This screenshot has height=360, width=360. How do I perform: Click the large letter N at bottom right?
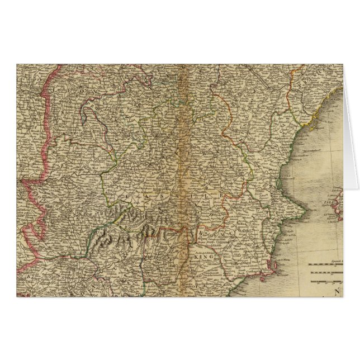click(x=338, y=291)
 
